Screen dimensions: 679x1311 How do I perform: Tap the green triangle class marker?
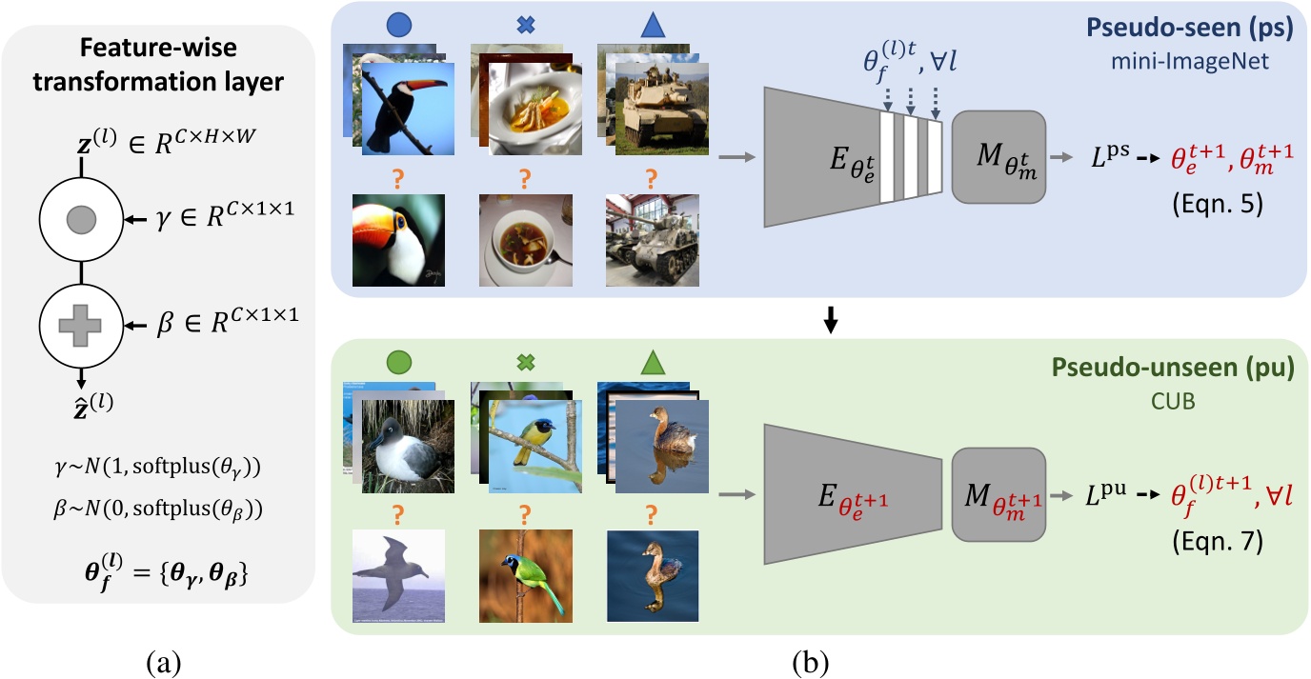click(x=653, y=362)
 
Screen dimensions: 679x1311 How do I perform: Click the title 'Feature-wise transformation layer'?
click(x=158, y=67)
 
